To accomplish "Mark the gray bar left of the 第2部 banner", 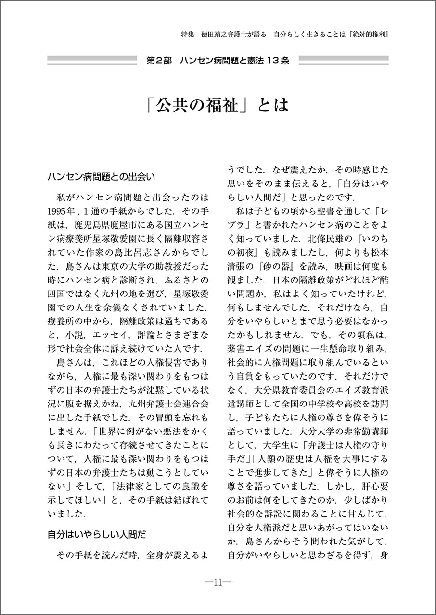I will point(91,61).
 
